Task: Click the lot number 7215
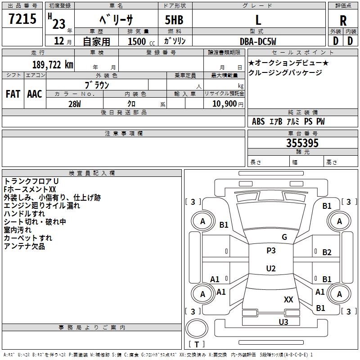pos(22,19)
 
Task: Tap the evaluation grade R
pos(343,20)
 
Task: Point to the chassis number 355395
pos(302,144)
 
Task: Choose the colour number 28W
pos(75,103)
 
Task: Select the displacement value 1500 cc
pos(137,41)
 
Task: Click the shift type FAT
pos(13,94)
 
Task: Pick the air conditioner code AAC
pos(34,94)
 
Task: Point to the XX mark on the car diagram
pos(288,299)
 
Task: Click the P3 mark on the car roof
pos(271,251)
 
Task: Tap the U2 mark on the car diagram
pos(271,269)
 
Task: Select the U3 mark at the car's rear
pos(283,322)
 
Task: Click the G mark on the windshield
pos(284,237)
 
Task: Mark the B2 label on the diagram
pos(327,252)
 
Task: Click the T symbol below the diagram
pos(197,345)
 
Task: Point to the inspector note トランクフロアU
pos(31,181)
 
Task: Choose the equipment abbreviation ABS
pos(258,121)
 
